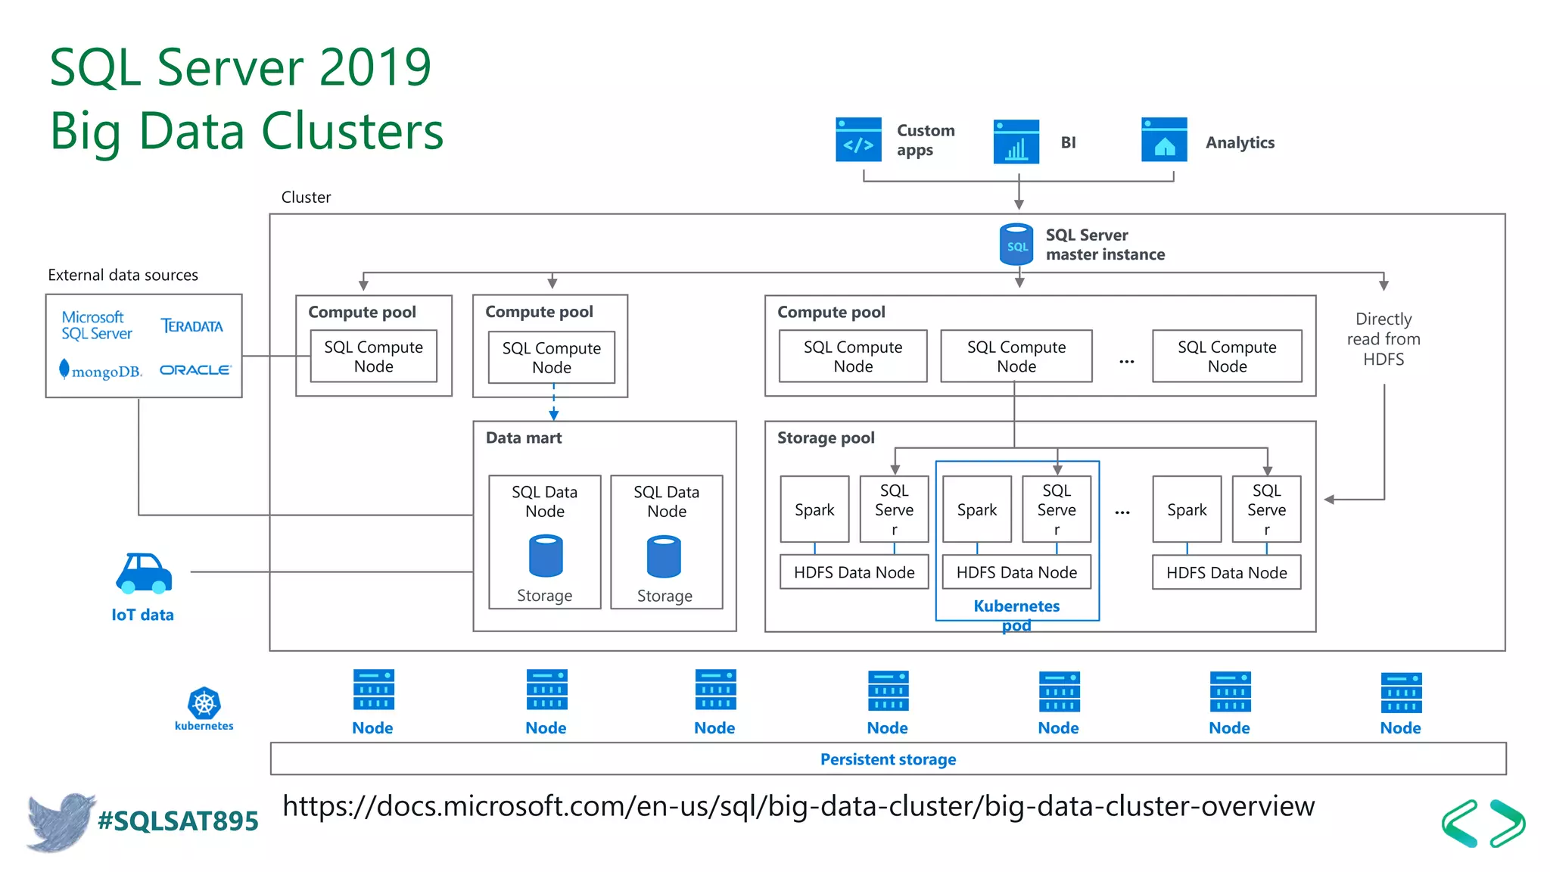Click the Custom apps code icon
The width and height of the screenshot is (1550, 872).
(858, 140)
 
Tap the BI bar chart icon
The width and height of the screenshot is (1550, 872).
(1016, 142)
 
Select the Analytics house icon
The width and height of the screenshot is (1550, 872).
(1164, 140)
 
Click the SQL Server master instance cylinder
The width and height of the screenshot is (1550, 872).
(1016, 244)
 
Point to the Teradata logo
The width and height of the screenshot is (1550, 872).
(191, 326)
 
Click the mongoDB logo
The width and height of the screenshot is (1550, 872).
(101, 371)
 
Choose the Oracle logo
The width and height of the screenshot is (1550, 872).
(195, 370)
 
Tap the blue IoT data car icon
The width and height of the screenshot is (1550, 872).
(144, 573)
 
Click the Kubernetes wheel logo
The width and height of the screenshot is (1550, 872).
(204, 703)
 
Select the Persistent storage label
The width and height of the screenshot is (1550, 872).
(888, 759)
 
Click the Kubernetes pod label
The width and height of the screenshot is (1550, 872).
(1016, 615)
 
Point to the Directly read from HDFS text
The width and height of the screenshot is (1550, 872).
(1383, 339)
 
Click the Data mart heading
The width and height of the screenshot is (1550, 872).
(524, 438)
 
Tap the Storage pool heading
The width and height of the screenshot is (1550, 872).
(826, 438)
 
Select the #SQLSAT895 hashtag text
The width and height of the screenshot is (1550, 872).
(178, 821)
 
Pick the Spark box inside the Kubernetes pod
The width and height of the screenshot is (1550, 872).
(976, 509)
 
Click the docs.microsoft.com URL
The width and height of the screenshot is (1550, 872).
(798, 806)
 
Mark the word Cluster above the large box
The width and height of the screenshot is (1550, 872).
(306, 198)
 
